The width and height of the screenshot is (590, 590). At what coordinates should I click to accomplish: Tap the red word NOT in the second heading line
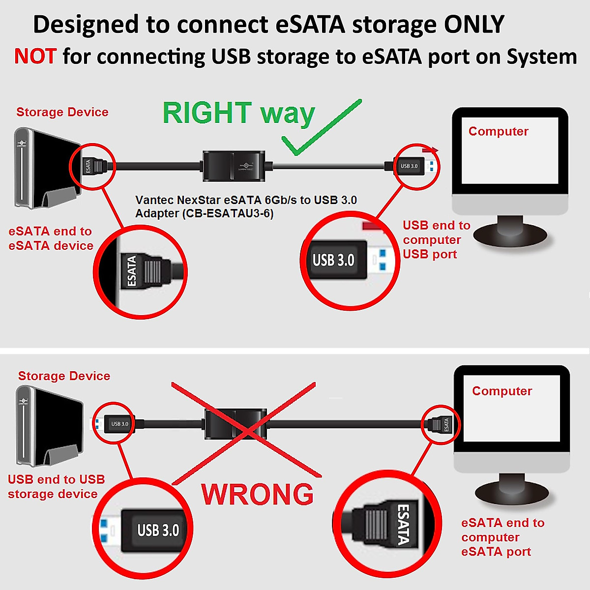pos(35,57)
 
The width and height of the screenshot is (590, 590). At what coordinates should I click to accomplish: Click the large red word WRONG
pos(257,495)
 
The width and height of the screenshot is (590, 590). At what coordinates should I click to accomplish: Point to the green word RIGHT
pos(206,113)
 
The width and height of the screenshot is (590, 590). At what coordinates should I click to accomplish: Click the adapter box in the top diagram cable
pos(234,166)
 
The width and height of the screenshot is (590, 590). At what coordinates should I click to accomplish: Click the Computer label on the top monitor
pos(498,131)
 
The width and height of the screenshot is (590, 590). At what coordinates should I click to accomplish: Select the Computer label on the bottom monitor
pos(502,391)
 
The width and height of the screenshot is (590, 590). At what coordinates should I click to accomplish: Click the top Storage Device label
pos(62,112)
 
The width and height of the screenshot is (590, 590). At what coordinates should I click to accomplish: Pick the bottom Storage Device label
pos(64,376)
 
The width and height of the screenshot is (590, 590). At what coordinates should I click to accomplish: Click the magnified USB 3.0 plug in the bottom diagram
pos(152,530)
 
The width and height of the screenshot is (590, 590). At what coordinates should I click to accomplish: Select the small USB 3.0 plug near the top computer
pos(413,166)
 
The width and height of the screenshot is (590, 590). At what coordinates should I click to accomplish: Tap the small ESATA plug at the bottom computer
pos(441,424)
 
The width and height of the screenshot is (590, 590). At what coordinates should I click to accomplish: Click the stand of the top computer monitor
pos(510,231)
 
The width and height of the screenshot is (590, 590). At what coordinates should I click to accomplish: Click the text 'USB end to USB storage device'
pos(56,487)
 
